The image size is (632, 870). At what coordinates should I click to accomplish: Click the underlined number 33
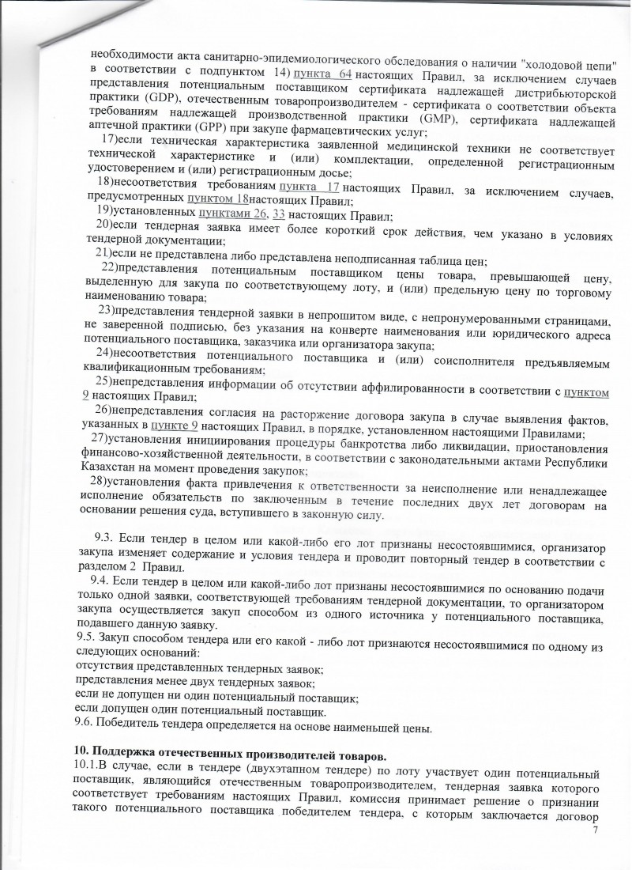click(x=277, y=214)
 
